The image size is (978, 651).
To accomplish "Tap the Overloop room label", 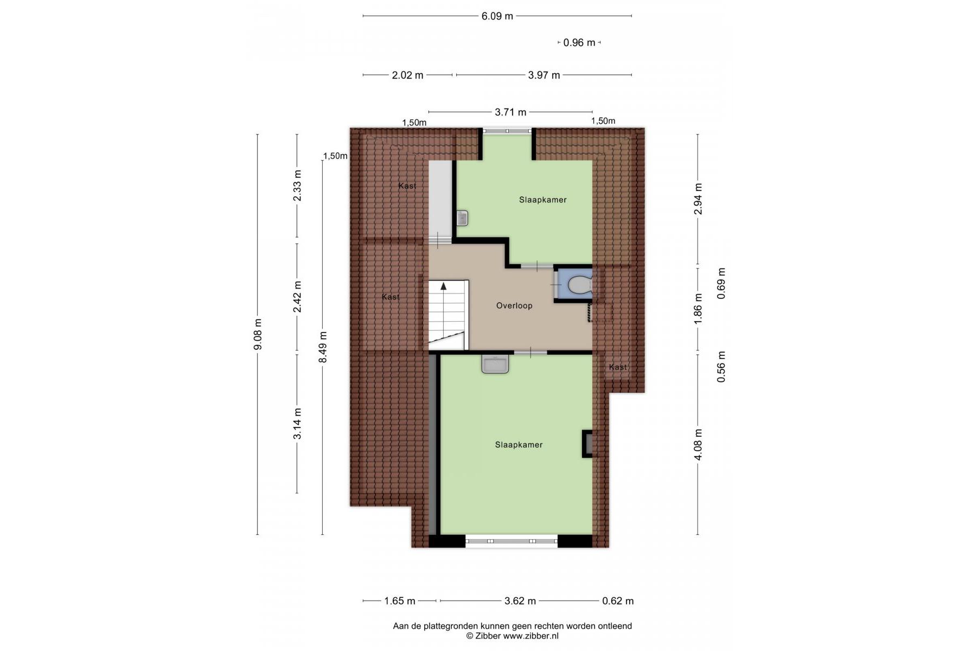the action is click(x=514, y=305).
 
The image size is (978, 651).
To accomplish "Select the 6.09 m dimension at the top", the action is click(x=497, y=16).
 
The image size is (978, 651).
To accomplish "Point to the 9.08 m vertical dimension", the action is click(x=258, y=334).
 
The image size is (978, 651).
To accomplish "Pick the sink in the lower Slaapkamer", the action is click(x=495, y=364).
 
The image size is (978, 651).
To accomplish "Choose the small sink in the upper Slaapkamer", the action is click(x=462, y=218).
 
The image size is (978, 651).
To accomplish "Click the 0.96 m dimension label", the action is click(x=579, y=42).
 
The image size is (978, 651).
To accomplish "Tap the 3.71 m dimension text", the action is click(x=510, y=112).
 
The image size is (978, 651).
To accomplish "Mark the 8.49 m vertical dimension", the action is click(x=323, y=347).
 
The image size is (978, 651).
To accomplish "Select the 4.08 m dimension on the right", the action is click(x=698, y=444).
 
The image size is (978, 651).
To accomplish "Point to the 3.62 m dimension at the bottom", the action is click(x=520, y=601).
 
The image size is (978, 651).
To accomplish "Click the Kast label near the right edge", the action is click(x=617, y=367).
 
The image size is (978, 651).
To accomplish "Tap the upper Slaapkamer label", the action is click(x=542, y=200).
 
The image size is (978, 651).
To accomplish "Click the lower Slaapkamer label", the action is click(x=519, y=445).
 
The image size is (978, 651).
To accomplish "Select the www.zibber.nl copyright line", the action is click(x=512, y=636).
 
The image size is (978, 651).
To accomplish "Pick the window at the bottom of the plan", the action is click(x=512, y=541).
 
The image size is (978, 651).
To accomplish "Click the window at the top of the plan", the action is click(x=508, y=130).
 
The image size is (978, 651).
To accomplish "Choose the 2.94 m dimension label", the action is click(x=698, y=199).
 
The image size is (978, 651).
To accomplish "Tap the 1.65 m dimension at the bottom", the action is click(x=400, y=601).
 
